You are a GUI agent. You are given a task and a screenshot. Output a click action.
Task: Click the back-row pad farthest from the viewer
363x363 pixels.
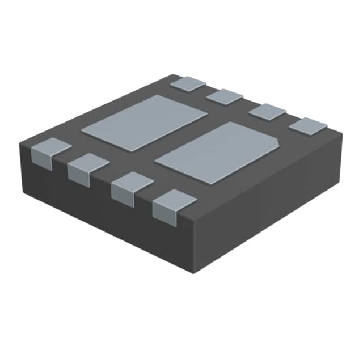point(188,83)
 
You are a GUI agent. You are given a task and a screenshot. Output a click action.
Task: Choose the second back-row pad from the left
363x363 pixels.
point(225,96)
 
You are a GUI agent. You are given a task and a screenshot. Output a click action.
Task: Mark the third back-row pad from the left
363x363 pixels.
point(267,111)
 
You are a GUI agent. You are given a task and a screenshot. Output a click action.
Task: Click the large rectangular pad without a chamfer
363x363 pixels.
point(144,122)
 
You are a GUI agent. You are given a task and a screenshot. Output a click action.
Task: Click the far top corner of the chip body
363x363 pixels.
point(180,75)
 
